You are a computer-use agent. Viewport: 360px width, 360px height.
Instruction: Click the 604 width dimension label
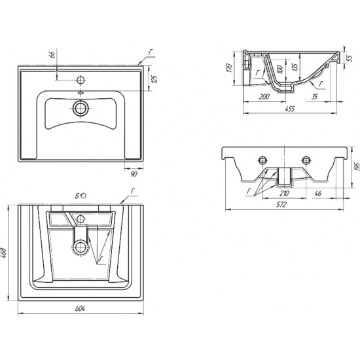pyautogui.click(x=80, y=309)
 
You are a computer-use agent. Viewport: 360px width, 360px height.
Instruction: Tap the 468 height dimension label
pyautogui.click(x=4, y=253)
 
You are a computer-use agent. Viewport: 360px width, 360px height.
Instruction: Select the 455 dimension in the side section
pyautogui.click(x=290, y=109)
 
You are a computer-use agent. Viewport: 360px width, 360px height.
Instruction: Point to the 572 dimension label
pyautogui.click(x=281, y=205)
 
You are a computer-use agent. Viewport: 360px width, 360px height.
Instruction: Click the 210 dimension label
pyautogui.click(x=284, y=194)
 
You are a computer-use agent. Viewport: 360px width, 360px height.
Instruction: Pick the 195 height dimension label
pyautogui.click(x=357, y=168)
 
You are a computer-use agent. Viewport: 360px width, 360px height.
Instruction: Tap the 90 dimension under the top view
pyautogui.click(x=134, y=174)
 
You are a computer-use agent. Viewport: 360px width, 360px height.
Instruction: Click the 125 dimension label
pyautogui.click(x=155, y=79)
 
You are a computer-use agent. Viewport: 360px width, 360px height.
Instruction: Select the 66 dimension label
pyautogui.click(x=52, y=54)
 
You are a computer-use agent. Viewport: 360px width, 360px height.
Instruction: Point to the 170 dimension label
pyautogui.click(x=230, y=68)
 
